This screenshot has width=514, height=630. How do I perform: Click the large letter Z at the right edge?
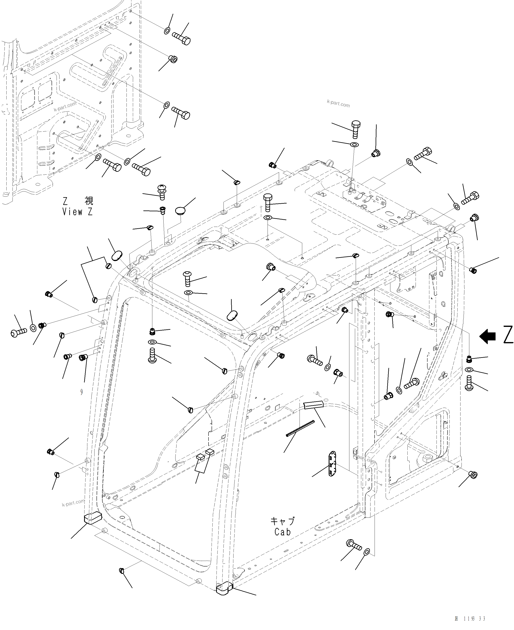coord(508,335)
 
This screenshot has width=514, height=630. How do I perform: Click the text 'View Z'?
coord(77,212)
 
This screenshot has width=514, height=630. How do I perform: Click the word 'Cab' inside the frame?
coord(283,532)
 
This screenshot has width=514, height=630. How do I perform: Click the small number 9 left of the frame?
coord(81,392)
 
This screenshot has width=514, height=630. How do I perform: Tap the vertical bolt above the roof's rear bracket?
coord(356,129)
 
